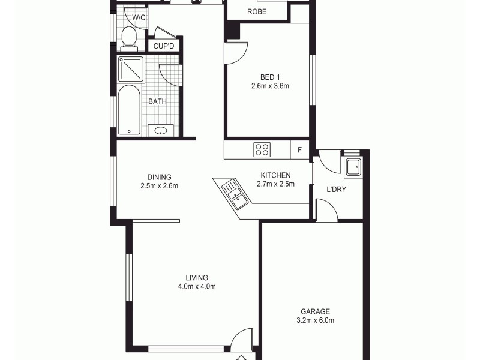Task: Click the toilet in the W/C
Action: coord(128,38)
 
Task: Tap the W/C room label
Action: coord(139,18)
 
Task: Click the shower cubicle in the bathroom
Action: coord(130,68)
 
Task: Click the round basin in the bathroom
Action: coord(161,131)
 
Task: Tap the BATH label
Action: coord(157,101)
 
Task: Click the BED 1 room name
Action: coord(270,77)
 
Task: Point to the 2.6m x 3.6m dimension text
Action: coord(270,86)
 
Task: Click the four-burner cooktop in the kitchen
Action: coord(262,149)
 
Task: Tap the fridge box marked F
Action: coord(299,149)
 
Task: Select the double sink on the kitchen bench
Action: coord(233,194)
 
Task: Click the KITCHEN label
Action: coord(275,175)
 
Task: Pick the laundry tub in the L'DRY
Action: coord(352,166)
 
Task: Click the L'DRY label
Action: coord(336,190)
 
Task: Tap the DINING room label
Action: coord(160,177)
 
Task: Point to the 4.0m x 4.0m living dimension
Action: coord(197,286)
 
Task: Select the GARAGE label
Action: coord(315,311)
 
